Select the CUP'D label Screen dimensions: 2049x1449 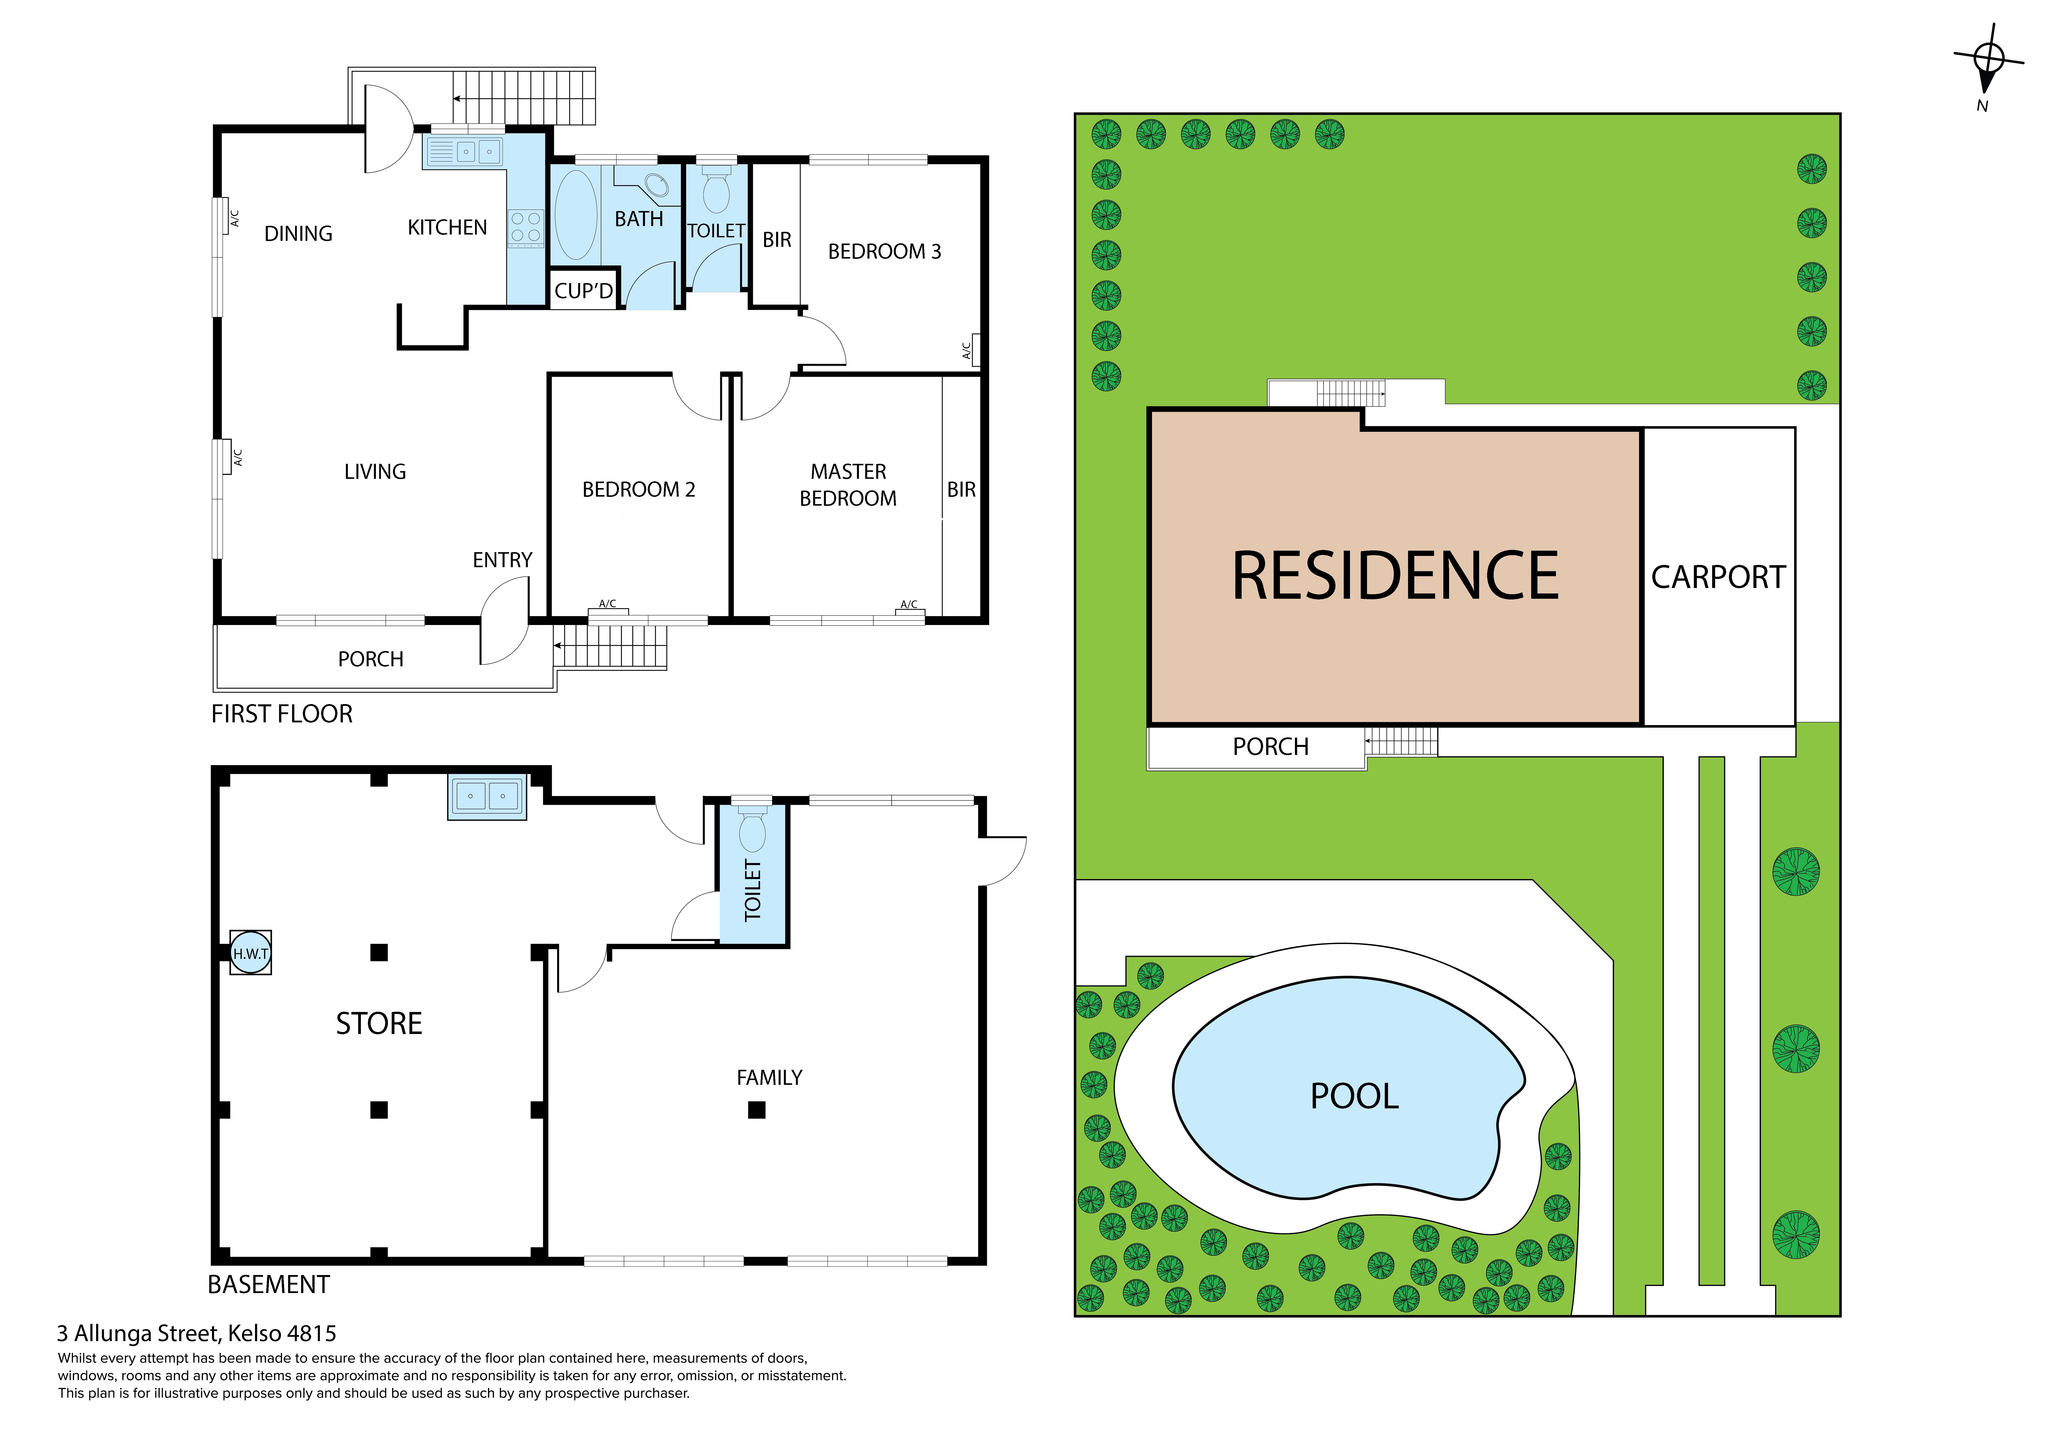click(584, 291)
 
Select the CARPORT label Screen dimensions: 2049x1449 click(1718, 578)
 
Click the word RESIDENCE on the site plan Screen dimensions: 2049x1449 click(1395, 576)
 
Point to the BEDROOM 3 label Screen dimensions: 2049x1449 click(884, 252)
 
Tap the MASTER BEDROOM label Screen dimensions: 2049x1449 click(848, 485)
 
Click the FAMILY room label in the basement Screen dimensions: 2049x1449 click(769, 1078)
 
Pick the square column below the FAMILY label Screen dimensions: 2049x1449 click(757, 1110)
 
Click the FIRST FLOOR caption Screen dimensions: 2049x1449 click(282, 714)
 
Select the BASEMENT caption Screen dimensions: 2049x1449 click(269, 1285)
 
